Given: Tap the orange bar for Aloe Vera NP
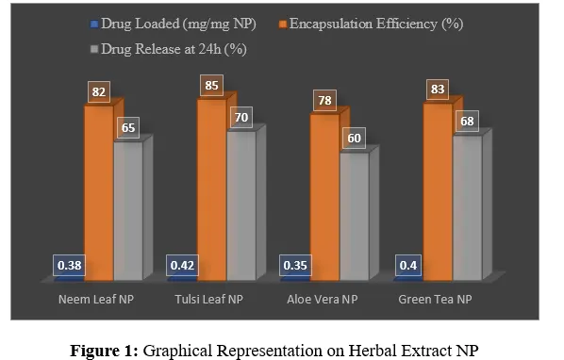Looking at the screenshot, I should [324, 198].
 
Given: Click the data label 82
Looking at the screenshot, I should [97, 91].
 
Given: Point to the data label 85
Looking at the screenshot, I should [210, 86].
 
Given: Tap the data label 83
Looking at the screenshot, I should [437, 90].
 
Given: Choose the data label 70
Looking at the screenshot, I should [241, 117].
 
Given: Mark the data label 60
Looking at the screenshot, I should [354, 138].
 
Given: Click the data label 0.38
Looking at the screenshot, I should [68, 267].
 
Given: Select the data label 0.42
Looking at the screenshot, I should [181, 267].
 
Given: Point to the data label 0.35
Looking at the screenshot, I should [294, 267].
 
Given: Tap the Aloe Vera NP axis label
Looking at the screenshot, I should [323, 300].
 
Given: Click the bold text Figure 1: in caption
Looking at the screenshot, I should [106, 350].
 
